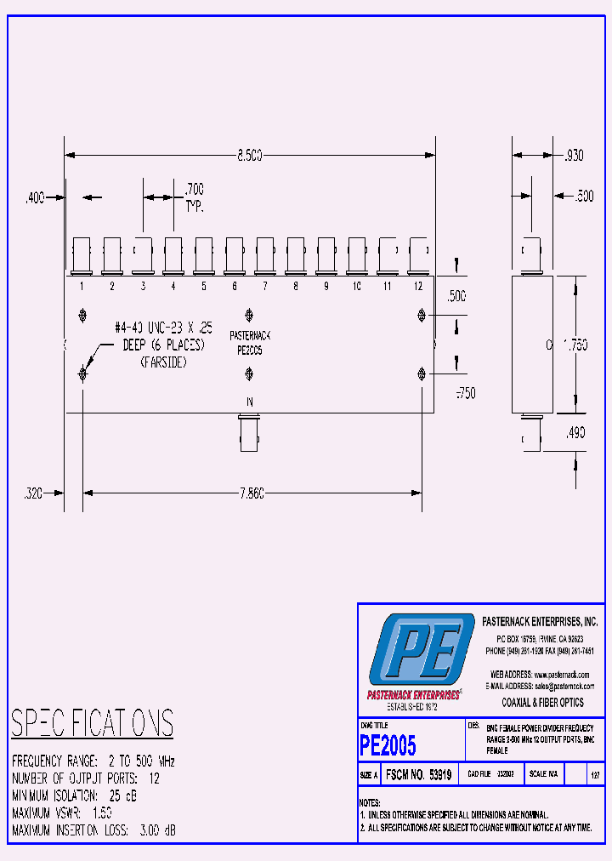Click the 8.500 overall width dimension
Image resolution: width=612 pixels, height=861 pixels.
pyautogui.click(x=249, y=156)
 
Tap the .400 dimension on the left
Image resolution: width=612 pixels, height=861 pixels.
pyautogui.click(x=35, y=197)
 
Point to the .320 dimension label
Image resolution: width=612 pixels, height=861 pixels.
pyautogui.click(x=35, y=493)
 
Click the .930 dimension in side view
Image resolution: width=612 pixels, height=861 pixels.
pyautogui.click(x=574, y=156)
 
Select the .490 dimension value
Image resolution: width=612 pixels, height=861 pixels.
pyautogui.click(x=575, y=433)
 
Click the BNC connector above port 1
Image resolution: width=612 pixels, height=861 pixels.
pyautogui.click(x=82, y=254)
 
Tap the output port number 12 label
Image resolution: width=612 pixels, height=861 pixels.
pyautogui.click(x=417, y=287)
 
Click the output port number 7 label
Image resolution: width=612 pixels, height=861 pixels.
pyautogui.click(x=264, y=287)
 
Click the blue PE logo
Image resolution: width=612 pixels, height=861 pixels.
pyautogui.click(x=421, y=649)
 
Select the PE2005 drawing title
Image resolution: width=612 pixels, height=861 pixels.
pyautogui.click(x=388, y=745)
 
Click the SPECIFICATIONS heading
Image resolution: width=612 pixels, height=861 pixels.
pyautogui.click(x=92, y=723)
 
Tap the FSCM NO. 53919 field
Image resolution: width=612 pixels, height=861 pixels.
pyautogui.click(x=422, y=775)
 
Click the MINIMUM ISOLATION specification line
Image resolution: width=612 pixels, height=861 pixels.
pyautogui.click(x=74, y=795)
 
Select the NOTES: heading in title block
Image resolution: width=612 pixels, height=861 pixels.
pyautogui.click(x=370, y=802)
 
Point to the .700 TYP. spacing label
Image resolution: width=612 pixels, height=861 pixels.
pyautogui.click(x=194, y=197)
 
